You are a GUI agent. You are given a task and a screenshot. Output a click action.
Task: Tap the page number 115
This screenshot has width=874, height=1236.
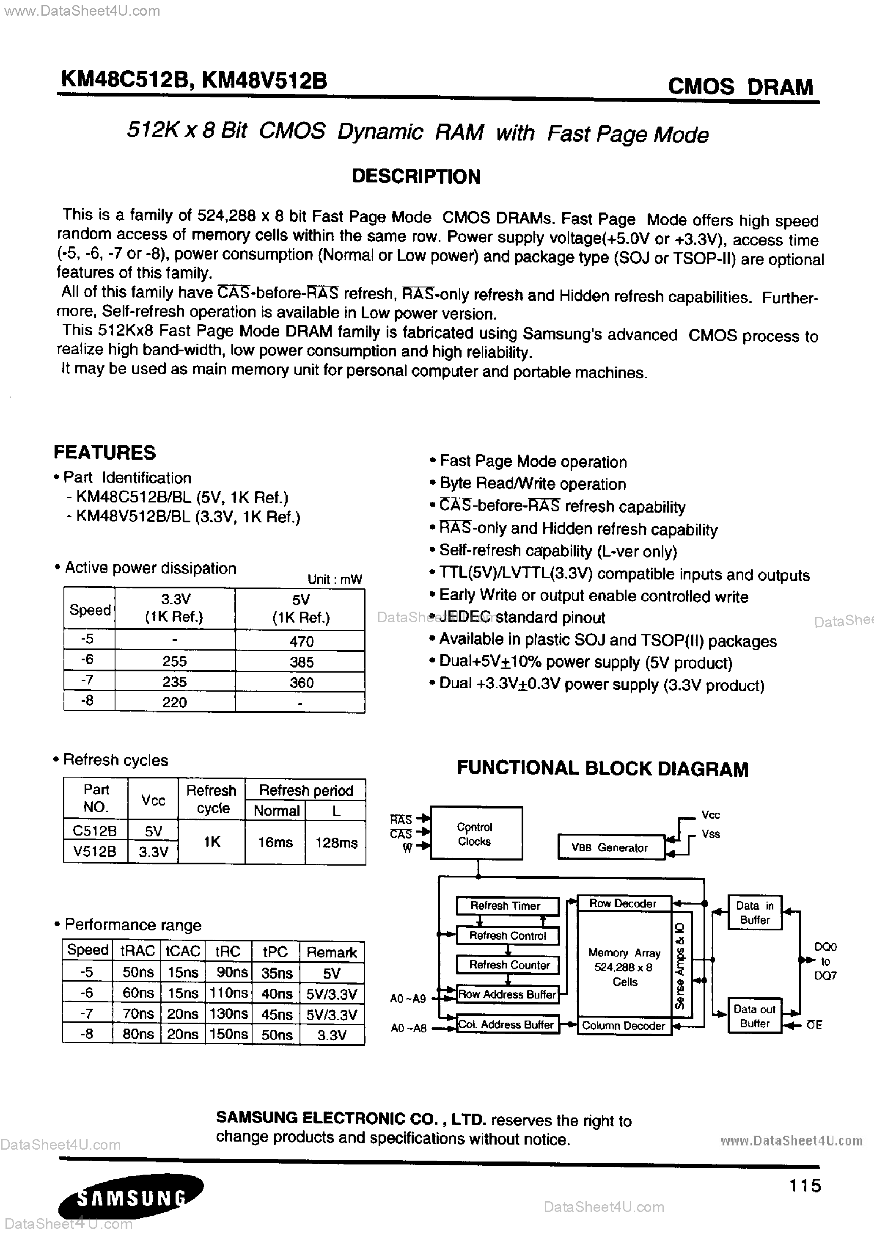click(x=805, y=1185)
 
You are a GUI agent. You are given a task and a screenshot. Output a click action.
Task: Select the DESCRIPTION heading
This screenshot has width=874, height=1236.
click(x=416, y=177)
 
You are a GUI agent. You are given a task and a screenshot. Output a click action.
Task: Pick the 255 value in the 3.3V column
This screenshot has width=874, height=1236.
click(x=174, y=661)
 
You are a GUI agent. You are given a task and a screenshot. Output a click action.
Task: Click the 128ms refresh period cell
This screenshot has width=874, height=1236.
click(x=336, y=842)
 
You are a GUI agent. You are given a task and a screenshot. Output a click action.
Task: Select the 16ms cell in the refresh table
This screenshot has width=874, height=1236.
click(x=275, y=842)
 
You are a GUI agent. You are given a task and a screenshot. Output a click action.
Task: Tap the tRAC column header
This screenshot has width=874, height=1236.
click(x=137, y=951)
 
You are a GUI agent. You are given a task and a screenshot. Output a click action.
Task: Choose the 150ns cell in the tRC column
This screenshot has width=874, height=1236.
click(x=228, y=1034)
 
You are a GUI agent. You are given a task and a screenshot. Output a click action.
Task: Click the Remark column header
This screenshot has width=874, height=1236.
click(x=332, y=952)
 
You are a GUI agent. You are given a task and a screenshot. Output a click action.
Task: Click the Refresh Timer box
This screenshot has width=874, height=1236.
click(x=506, y=905)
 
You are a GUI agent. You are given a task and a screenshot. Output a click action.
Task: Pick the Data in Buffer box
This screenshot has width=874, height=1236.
click(x=755, y=913)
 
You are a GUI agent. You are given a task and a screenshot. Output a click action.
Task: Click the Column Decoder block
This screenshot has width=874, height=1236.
click(x=624, y=1026)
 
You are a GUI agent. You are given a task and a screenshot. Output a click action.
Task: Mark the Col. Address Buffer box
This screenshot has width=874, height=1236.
click(x=506, y=1024)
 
